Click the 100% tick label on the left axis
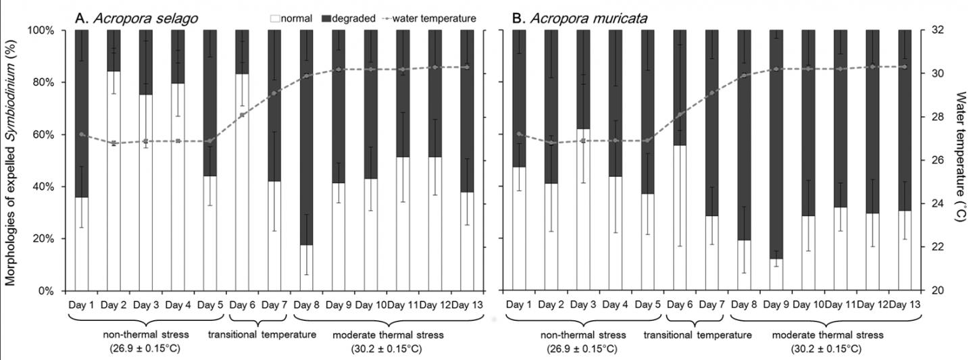click(x=41, y=30)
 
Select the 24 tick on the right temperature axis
click(x=934, y=203)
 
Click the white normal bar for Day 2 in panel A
click(x=114, y=180)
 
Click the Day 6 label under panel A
click(x=242, y=305)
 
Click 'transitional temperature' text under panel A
click(x=261, y=335)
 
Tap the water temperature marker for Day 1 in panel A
click(x=82, y=134)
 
